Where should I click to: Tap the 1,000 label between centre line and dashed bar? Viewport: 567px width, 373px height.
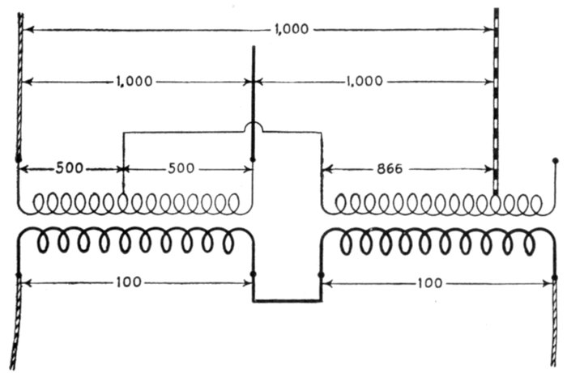click(372, 82)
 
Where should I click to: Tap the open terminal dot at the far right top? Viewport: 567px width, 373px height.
click(555, 161)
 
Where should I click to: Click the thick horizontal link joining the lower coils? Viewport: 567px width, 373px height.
click(288, 301)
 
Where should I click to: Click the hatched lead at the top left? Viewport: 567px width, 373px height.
click(19, 81)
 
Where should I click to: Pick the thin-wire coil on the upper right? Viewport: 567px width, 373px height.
click(437, 203)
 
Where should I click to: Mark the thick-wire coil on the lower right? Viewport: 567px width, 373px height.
click(437, 240)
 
